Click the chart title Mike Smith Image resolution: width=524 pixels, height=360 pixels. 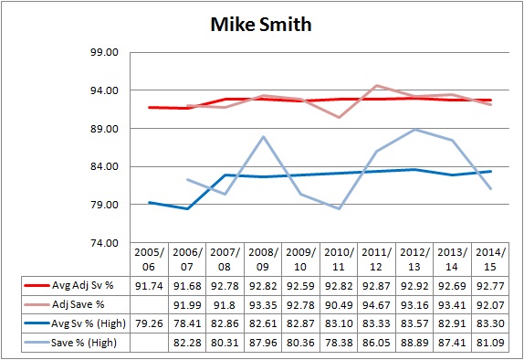point(261,24)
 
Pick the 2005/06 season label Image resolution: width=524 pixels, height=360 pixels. point(149,258)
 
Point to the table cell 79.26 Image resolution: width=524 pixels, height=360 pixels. point(149,322)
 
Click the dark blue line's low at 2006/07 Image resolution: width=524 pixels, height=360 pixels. point(187,208)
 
